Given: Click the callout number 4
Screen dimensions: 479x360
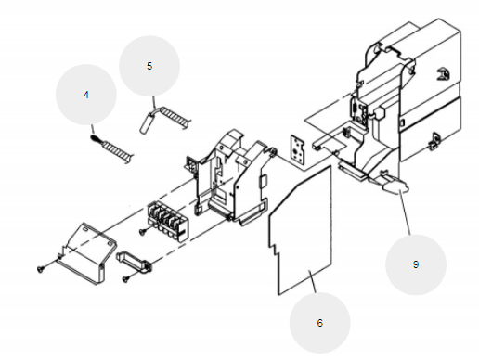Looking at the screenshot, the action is click(86, 95).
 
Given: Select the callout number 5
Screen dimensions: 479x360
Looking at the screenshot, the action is click(149, 66).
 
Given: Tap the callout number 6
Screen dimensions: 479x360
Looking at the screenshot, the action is click(320, 323).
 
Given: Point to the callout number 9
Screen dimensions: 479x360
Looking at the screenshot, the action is click(416, 264).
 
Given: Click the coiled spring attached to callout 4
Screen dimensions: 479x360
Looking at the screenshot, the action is click(118, 150).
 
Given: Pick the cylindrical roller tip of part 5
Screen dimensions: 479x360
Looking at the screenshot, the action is click(147, 123).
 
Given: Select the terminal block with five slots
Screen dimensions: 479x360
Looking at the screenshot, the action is click(168, 221).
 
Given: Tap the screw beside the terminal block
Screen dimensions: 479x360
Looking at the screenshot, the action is click(143, 231).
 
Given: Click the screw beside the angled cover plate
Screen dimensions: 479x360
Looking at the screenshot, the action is click(41, 269).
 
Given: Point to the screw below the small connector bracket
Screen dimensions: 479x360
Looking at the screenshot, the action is click(126, 279).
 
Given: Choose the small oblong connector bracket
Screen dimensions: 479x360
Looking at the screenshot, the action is click(134, 263).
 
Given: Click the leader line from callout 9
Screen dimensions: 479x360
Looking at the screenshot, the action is click(406, 213).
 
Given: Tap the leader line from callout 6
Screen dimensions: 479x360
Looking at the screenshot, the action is click(312, 281).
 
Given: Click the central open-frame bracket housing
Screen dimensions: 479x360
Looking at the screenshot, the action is click(230, 176).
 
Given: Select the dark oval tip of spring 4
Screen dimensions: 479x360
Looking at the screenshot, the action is click(95, 139).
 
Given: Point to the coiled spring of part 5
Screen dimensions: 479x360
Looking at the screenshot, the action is click(174, 116).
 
